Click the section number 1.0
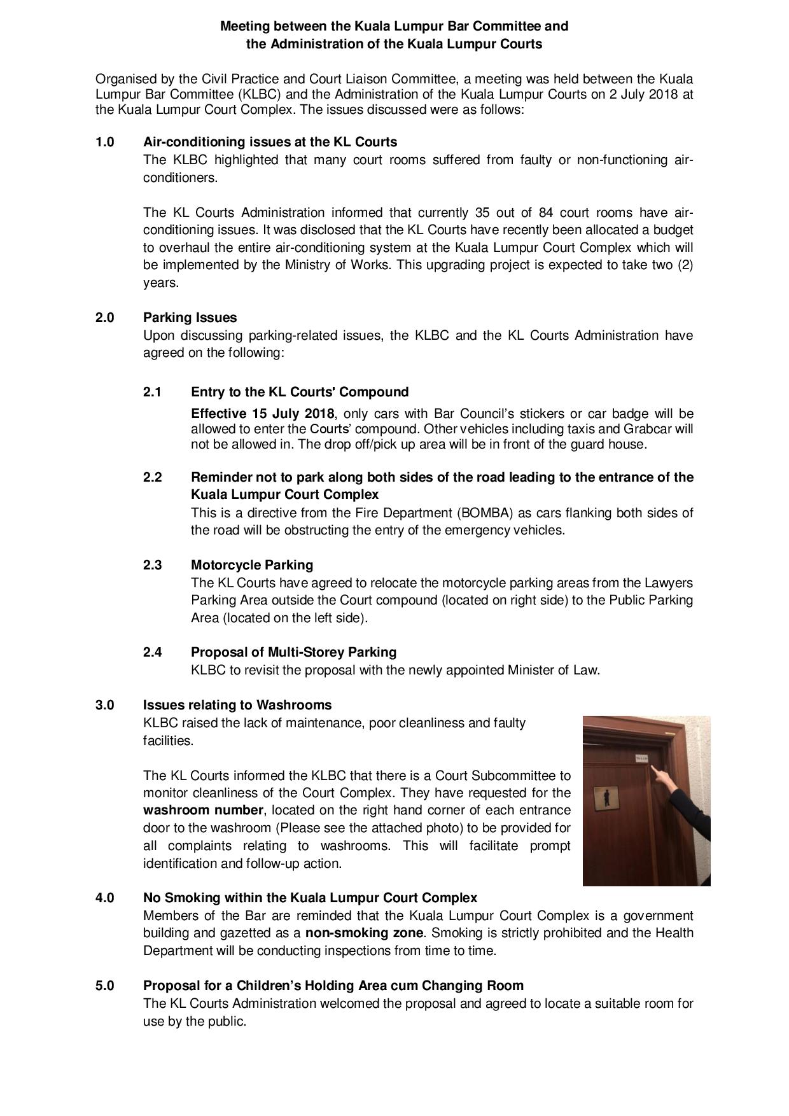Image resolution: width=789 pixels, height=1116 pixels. (x=105, y=142)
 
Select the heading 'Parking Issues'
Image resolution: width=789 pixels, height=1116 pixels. (x=190, y=317)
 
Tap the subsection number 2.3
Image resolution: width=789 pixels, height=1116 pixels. (x=153, y=565)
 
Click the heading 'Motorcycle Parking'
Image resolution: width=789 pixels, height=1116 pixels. (x=252, y=565)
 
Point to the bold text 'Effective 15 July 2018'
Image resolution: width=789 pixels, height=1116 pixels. (x=262, y=414)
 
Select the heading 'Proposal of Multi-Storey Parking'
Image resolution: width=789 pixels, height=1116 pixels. (x=293, y=652)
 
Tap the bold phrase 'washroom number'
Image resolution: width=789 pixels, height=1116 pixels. (x=203, y=811)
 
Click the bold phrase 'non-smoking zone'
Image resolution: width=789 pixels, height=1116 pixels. (x=364, y=933)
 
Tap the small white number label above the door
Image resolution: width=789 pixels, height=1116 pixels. (x=641, y=757)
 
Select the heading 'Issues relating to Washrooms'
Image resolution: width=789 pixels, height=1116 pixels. (x=237, y=705)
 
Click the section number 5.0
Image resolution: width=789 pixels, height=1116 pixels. (x=105, y=986)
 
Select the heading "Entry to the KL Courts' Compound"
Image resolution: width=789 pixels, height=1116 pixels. (x=300, y=392)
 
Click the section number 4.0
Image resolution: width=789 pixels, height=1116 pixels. (x=105, y=898)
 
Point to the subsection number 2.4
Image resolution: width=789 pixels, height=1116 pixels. (x=153, y=652)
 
